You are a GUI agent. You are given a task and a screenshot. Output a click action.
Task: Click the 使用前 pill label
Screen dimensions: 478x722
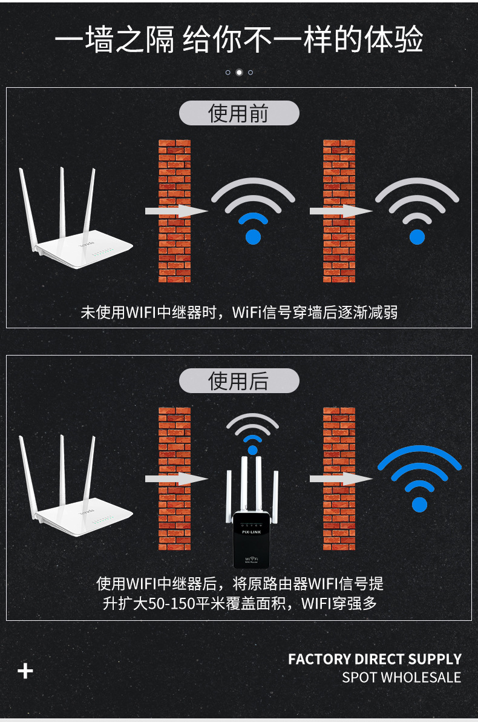[x=239, y=113]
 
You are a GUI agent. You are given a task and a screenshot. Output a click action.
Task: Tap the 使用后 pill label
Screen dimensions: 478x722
[x=239, y=381]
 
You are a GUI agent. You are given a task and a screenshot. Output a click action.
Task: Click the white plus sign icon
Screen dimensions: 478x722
[x=25, y=671]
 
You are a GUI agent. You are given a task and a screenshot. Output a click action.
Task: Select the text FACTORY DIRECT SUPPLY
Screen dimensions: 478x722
[x=375, y=659]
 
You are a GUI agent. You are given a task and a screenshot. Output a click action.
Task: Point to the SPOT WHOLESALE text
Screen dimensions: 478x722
[x=401, y=677]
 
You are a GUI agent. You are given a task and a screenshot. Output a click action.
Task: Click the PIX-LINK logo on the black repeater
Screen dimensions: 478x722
[x=251, y=532]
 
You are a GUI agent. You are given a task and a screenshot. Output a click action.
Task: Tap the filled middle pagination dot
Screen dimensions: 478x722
[x=239, y=72]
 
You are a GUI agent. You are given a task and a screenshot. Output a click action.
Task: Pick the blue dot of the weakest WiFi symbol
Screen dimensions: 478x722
[x=417, y=237]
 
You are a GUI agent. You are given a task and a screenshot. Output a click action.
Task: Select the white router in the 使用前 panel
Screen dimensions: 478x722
[x=76, y=219]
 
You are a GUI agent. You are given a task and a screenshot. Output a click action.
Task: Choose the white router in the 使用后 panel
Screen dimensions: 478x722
[x=76, y=487]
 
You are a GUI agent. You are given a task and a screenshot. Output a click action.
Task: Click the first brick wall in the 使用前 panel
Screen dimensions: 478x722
[x=174, y=211]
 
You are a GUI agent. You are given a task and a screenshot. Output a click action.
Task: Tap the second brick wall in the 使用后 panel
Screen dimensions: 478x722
[x=339, y=479]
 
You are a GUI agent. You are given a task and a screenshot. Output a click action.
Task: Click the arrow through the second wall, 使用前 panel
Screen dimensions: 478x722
[x=341, y=211]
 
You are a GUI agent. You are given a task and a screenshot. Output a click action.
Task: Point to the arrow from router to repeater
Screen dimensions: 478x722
[x=177, y=479]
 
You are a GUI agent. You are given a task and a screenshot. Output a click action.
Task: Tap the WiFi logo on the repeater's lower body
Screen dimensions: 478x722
[x=251, y=559]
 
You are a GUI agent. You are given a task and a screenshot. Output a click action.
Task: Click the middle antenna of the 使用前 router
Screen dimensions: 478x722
[x=62, y=202]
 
